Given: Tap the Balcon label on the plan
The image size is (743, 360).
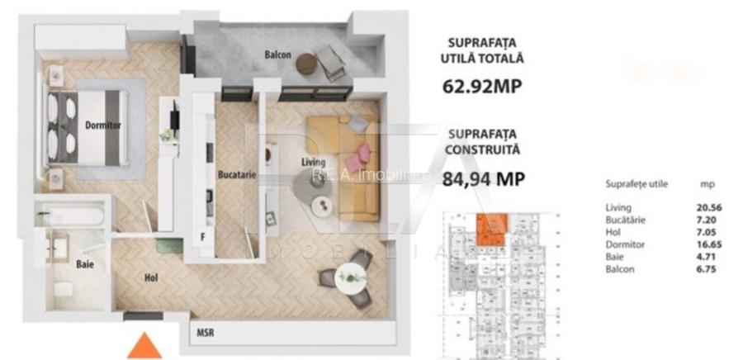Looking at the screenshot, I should pyautogui.click(x=278, y=55).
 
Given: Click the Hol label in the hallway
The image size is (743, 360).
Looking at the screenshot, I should pyautogui.click(x=151, y=278).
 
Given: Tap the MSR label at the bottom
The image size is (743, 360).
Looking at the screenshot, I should pyautogui.click(x=206, y=334).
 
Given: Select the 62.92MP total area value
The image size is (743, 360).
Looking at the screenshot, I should pyautogui.click(x=485, y=86).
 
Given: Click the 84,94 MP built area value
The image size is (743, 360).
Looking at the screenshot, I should pyautogui.click(x=485, y=178).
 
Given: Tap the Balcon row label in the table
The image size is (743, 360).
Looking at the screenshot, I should pyautogui.click(x=619, y=270).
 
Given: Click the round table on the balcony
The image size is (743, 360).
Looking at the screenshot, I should pyautogui.click(x=306, y=64).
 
